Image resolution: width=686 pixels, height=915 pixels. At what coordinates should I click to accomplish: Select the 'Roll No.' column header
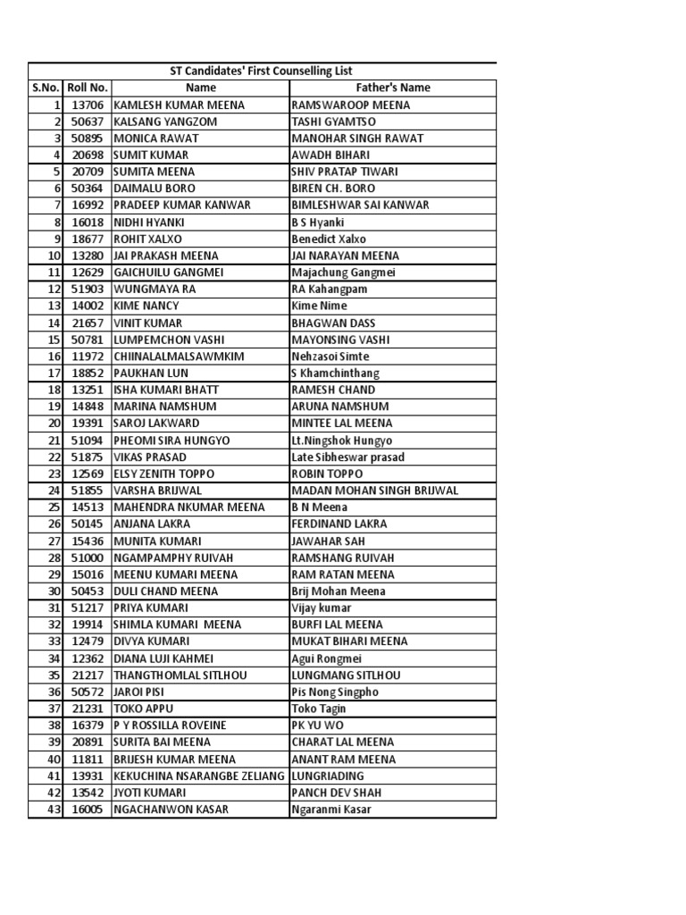click(88, 88)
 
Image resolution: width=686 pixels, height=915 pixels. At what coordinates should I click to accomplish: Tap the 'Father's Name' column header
click(392, 88)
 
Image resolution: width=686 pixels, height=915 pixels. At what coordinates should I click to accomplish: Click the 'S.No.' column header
click(46, 88)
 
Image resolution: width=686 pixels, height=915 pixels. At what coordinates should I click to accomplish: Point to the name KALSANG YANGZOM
click(156, 122)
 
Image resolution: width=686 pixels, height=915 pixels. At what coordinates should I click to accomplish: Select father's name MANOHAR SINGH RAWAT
click(357, 139)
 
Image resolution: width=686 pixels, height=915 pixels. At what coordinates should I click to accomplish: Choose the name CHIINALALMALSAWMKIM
click(179, 357)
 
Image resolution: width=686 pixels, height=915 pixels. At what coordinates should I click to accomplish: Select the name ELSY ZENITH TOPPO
click(163, 474)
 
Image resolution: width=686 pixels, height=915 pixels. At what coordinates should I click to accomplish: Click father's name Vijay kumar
click(324, 608)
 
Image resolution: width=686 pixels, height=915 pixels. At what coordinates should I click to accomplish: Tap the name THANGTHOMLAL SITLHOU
click(180, 675)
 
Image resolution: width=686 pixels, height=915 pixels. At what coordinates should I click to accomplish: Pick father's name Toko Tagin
click(319, 709)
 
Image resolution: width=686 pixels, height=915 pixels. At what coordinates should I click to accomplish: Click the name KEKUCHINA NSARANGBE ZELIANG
click(199, 776)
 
